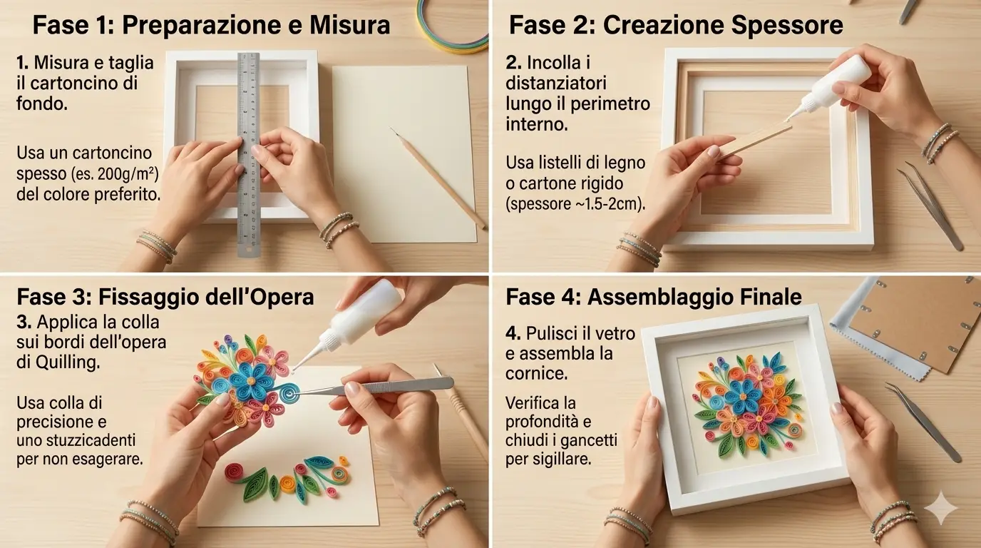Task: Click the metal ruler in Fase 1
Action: (249, 154)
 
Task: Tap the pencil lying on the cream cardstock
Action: (438, 178)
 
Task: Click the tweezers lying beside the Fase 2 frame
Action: (930, 206)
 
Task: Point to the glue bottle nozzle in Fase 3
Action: (306, 355)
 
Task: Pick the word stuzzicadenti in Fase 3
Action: (87, 440)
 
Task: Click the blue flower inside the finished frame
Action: (741, 396)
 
